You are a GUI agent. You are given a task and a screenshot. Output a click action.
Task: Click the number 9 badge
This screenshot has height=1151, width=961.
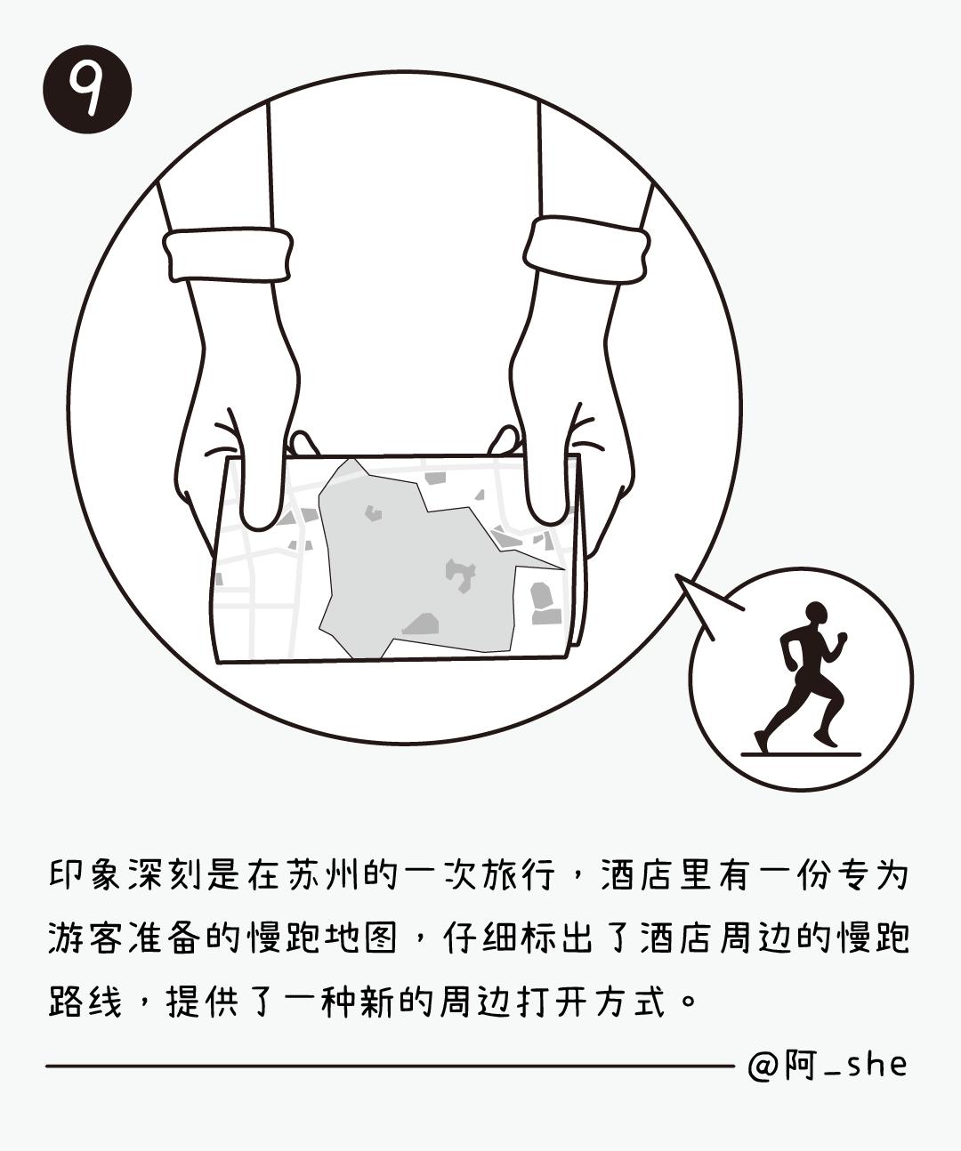click(87, 89)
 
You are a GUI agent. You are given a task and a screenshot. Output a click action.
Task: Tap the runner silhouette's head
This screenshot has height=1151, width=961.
click(816, 614)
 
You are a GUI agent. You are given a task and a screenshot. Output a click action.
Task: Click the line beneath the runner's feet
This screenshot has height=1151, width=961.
click(801, 754)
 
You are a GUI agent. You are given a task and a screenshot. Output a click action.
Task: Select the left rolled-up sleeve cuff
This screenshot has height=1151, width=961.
click(228, 254)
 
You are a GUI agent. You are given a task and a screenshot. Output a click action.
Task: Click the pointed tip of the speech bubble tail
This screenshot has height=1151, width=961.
click(676, 575)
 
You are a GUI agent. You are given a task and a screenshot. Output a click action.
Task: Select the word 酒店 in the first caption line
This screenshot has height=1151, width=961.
click(640, 874)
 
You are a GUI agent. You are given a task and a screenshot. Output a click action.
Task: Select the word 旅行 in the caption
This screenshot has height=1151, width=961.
click(519, 874)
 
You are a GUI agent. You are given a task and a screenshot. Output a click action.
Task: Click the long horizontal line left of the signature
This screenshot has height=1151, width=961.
click(391, 1066)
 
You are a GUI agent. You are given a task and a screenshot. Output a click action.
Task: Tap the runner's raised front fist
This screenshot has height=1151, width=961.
click(842, 637)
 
